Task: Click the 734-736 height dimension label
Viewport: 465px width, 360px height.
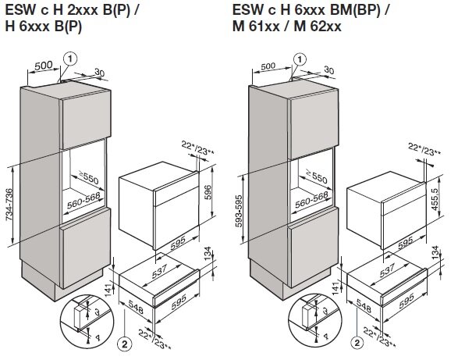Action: point(9,205)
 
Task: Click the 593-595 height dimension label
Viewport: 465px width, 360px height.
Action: point(239,211)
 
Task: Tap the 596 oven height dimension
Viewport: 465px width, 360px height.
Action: point(208,192)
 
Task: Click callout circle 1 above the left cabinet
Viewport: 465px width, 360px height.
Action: point(70,59)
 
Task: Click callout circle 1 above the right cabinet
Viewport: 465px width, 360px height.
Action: point(300,59)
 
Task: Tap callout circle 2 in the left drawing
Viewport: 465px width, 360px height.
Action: point(124,344)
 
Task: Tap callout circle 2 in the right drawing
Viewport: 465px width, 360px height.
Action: point(357,343)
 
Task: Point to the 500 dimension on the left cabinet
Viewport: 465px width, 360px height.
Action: point(43,66)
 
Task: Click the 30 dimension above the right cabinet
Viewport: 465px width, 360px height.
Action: point(329,70)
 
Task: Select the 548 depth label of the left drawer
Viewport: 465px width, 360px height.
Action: point(136,307)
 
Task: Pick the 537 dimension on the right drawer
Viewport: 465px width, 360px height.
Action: point(387,269)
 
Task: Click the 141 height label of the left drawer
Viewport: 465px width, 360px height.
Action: point(108,290)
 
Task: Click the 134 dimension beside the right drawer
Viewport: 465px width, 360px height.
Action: point(435,252)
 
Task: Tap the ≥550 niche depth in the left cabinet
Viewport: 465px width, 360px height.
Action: point(88,177)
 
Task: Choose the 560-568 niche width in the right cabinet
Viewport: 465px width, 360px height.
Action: point(311,199)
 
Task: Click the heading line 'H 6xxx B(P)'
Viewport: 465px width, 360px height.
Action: point(43,27)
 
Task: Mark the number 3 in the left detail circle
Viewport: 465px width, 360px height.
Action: point(97,312)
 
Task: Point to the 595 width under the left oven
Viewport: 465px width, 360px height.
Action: point(178,243)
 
